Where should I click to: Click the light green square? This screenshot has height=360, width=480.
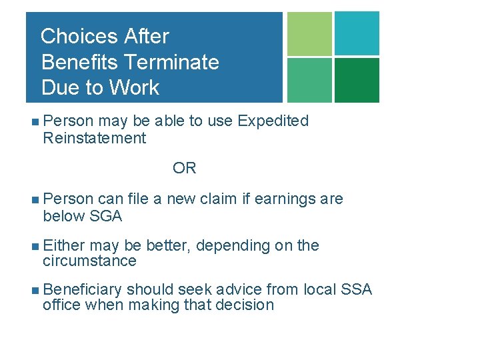tap(309, 33)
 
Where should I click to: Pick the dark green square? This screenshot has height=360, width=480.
tap(357, 80)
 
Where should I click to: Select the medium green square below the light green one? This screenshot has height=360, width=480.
tap(309, 80)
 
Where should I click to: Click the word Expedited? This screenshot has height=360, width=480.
tap(273, 121)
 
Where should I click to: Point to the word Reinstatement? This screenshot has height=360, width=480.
tap(94, 138)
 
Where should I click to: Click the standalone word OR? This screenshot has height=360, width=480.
tap(185, 168)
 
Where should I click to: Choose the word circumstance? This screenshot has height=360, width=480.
tap(89, 261)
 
